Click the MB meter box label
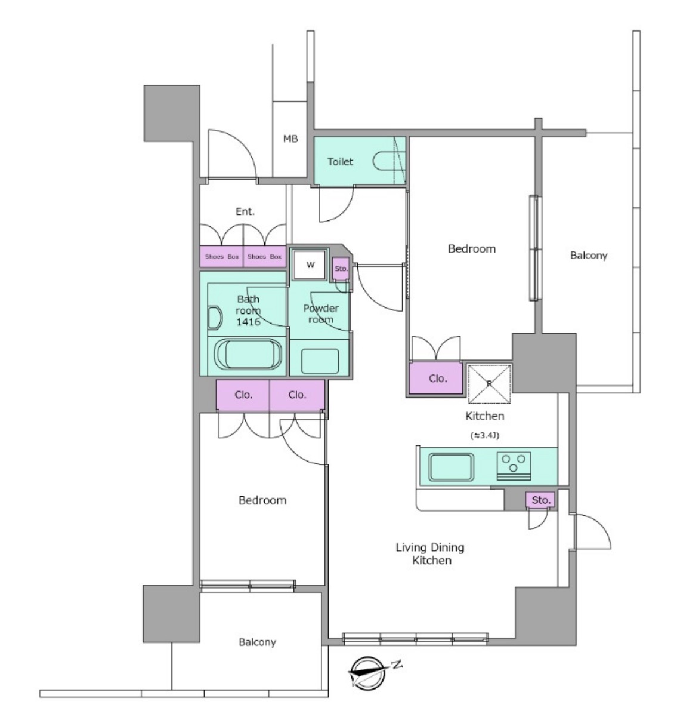290,139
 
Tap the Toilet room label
340,162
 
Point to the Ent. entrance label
245,211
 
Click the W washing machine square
310,264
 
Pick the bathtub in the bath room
248,355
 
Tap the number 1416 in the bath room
248,322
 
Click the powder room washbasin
320,361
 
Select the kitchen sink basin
451,467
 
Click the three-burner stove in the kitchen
514,466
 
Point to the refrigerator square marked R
490,383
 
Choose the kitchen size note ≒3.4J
485,435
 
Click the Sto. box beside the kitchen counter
540,500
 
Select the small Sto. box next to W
341,269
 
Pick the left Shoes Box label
222,257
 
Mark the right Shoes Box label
264,257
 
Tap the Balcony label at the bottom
257,642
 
